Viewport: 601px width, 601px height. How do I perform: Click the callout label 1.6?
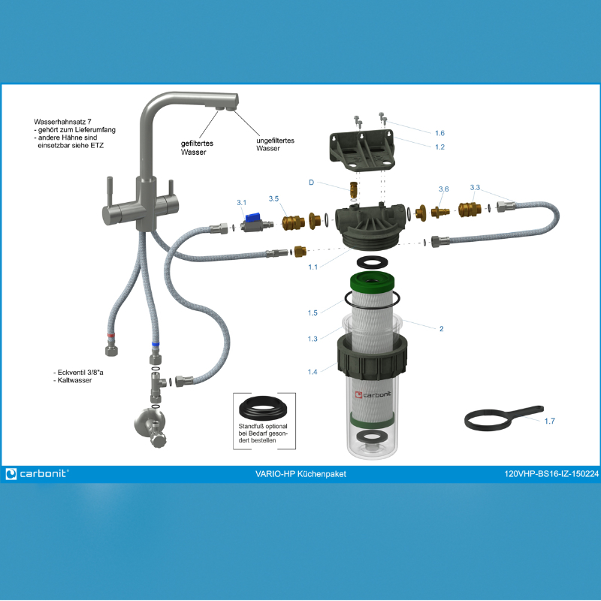439,133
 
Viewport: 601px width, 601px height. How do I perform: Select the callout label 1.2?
439,146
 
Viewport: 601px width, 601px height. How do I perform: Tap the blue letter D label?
311,183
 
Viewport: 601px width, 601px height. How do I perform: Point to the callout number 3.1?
241,202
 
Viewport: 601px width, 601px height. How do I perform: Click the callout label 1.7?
550,421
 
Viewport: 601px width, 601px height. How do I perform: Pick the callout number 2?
442,328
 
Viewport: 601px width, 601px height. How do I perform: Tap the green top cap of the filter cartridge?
372,281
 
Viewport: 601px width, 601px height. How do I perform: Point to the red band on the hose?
110,335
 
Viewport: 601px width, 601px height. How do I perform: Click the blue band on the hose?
156,344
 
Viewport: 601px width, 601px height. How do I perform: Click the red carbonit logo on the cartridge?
359,394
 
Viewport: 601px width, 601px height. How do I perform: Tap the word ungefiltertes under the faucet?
275,140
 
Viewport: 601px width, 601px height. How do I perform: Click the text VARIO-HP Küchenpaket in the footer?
300,474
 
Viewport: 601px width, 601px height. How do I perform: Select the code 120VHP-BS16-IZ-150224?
551,474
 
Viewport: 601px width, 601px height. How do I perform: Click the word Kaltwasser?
74,380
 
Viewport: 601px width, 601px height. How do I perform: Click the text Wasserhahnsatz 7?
62,122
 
